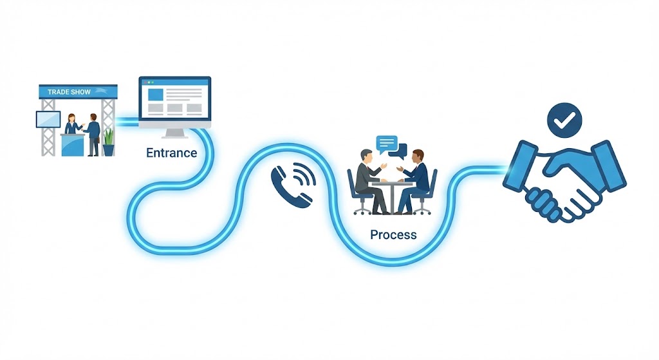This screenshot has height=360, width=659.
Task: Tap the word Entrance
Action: pos(172,153)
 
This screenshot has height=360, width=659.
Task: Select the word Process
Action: pos(393,235)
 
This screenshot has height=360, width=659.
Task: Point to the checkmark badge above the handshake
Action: pos(564,120)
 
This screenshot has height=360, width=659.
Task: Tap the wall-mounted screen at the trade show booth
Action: pos(48,119)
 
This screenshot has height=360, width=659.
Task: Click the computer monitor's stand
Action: pos(174,133)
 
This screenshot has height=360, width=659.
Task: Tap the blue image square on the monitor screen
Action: pos(155,94)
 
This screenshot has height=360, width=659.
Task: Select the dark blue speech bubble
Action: pos(401,153)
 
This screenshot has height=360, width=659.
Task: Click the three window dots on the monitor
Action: pos(150,82)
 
